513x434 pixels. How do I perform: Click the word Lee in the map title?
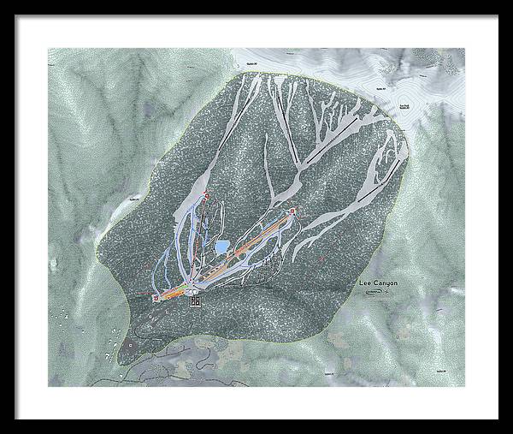pyautogui.click(x=366, y=282)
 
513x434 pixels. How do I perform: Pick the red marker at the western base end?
pyautogui.click(x=156, y=297)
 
